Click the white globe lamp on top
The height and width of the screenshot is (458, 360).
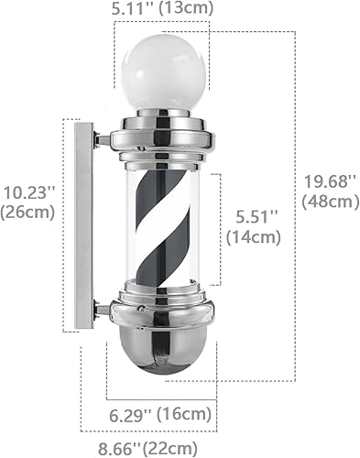(x=162, y=73)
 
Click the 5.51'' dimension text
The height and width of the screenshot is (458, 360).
(x=253, y=219)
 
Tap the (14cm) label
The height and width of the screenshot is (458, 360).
(x=253, y=238)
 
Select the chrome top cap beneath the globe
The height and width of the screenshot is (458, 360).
(x=162, y=134)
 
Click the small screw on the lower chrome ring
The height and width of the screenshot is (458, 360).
(x=141, y=311)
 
